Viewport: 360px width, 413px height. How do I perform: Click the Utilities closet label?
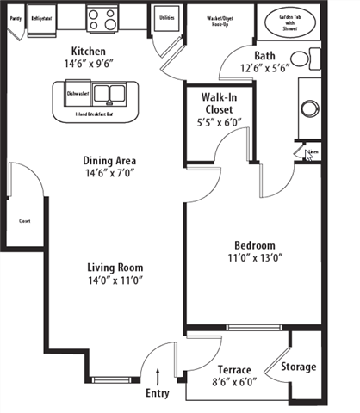click(x=167, y=16)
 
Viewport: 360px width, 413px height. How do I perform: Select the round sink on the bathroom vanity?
click(x=310, y=110)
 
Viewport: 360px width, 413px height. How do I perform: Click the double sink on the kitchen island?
click(x=109, y=92)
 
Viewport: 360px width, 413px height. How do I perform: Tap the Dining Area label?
click(x=109, y=160)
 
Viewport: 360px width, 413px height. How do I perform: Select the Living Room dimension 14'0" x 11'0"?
click(x=114, y=280)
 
